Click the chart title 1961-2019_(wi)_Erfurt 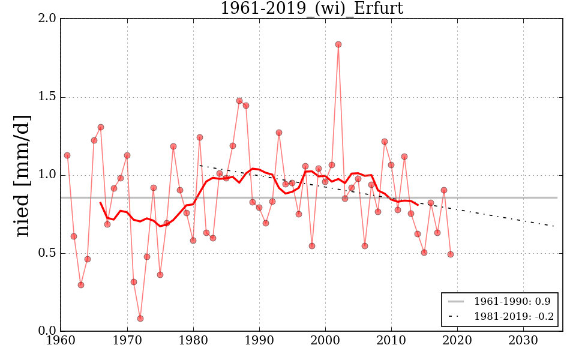311,8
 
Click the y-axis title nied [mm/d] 22,175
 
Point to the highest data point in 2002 338,44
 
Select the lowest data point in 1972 140,319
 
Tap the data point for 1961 67,155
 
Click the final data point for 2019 451,254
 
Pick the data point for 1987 239,101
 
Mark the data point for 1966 101,127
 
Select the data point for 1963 81,285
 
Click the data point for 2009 385,142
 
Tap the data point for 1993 279,133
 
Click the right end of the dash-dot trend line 556,226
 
